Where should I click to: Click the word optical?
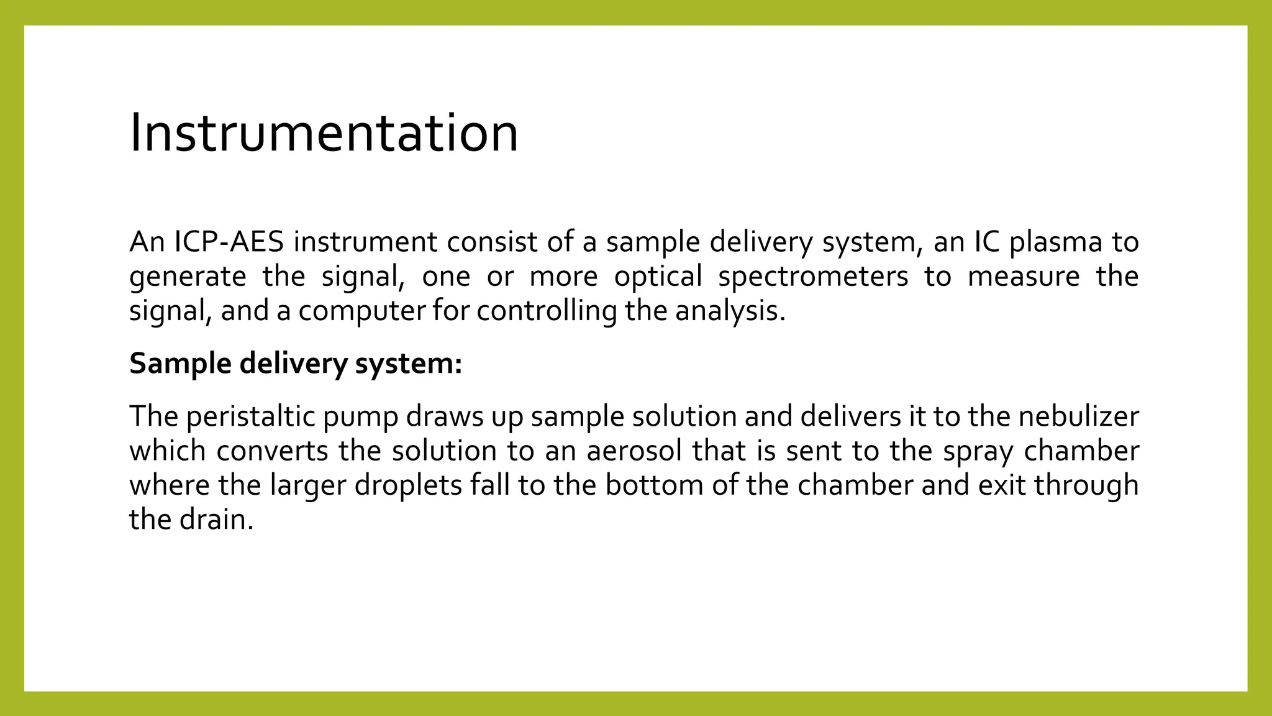coord(658,277)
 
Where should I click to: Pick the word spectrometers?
coord(813,277)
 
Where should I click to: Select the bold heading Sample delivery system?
coord(296,364)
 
